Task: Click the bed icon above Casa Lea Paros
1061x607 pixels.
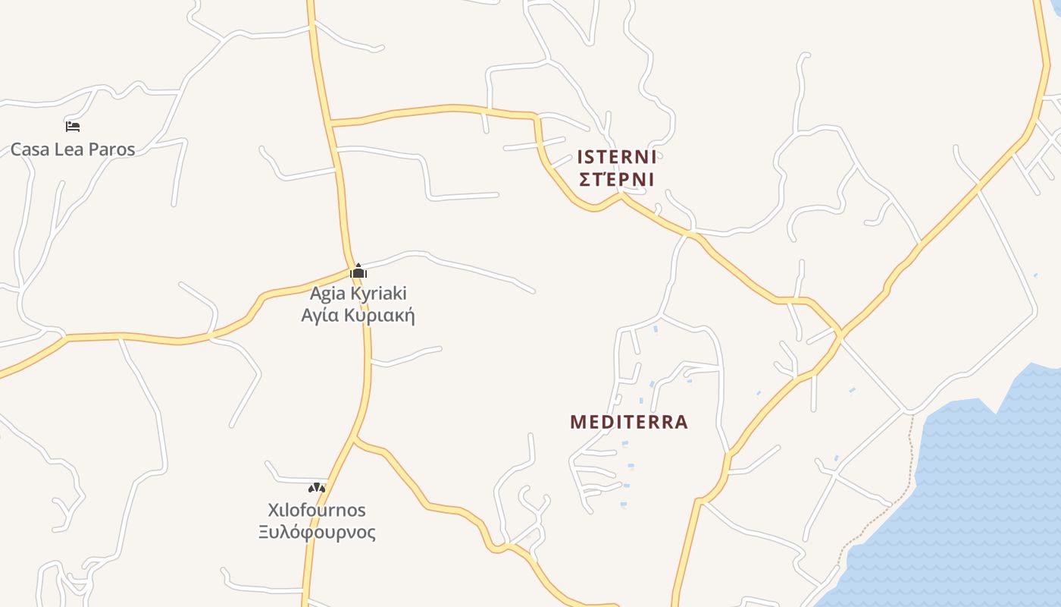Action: [x=73, y=126]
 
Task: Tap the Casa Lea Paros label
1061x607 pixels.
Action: [x=73, y=149]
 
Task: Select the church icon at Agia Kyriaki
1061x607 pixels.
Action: [x=358, y=271]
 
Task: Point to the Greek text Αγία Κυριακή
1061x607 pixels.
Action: [x=358, y=315]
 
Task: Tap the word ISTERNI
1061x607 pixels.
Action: [x=616, y=157]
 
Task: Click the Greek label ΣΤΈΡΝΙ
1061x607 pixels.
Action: [x=616, y=179]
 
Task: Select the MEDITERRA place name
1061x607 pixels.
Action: [x=629, y=422]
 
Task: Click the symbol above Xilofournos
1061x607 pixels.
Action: [x=317, y=488]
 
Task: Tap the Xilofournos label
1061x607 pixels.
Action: [x=317, y=510]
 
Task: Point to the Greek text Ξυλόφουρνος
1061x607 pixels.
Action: [x=317, y=532]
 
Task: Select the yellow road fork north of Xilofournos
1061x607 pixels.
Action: [x=355, y=439]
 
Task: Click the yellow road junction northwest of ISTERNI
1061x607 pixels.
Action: [x=330, y=121]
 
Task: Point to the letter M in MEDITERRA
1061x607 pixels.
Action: [x=577, y=422]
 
